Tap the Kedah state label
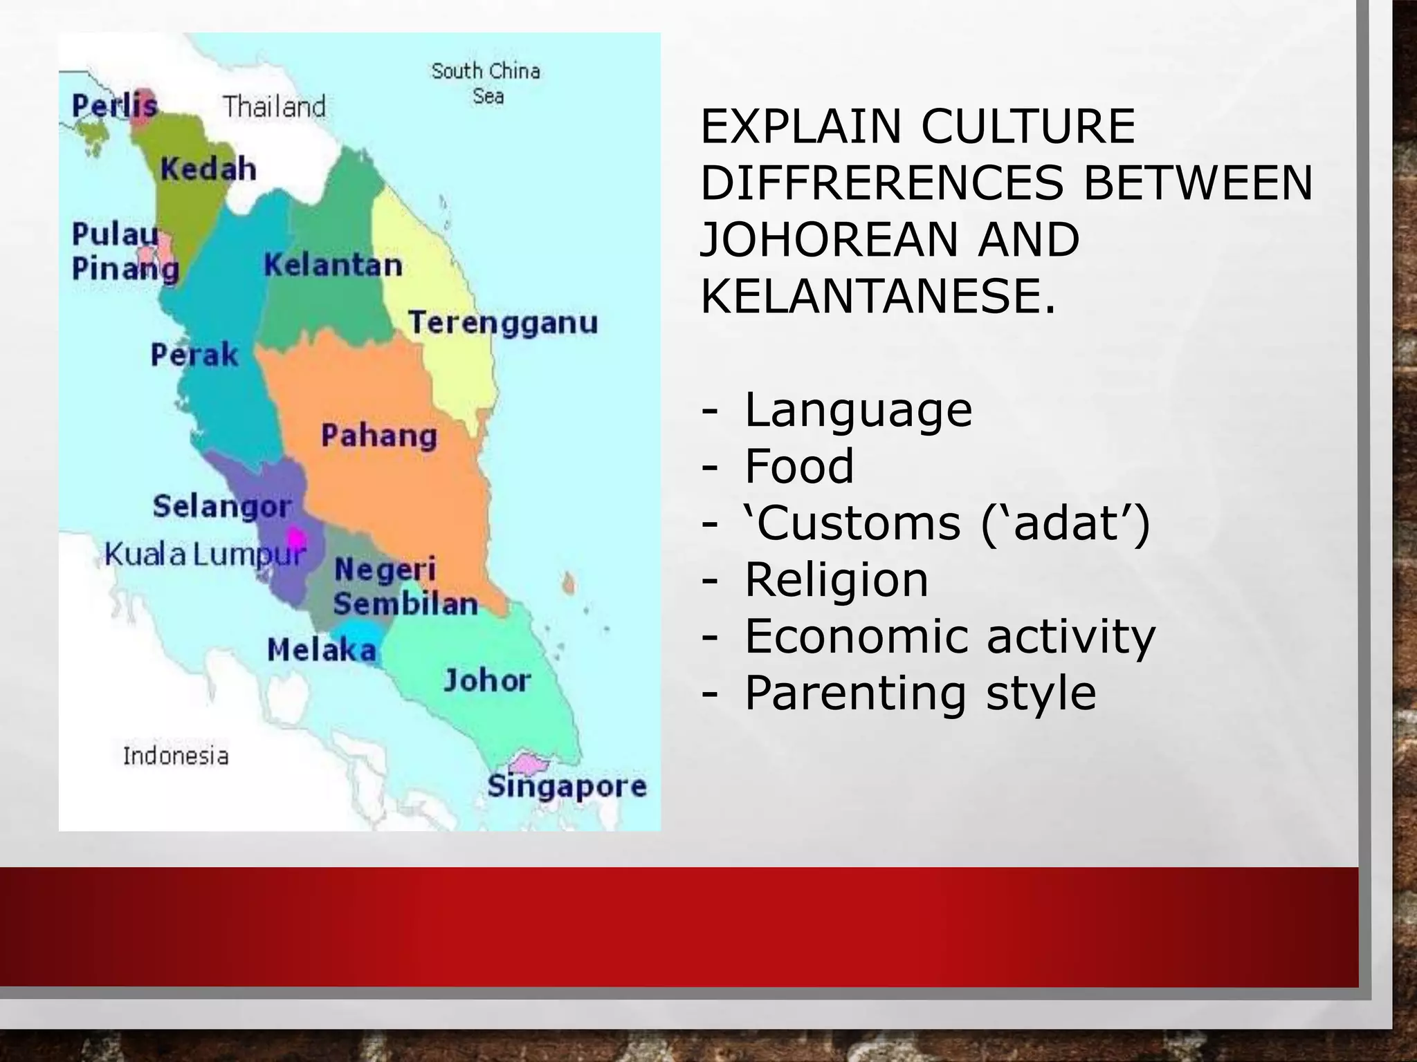tap(208, 169)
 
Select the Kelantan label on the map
tap(333, 265)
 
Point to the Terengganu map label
tap(503, 323)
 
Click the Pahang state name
tap(379, 436)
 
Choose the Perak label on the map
tap(194, 355)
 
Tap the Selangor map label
tap(222, 506)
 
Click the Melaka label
tap(322, 650)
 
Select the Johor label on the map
tap(487, 681)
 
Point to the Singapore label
tap(567, 786)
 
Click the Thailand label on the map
tap(274, 106)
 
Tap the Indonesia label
tap(176, 756)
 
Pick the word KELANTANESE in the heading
tap(878, 296)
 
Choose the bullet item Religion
tap(837, 579)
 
